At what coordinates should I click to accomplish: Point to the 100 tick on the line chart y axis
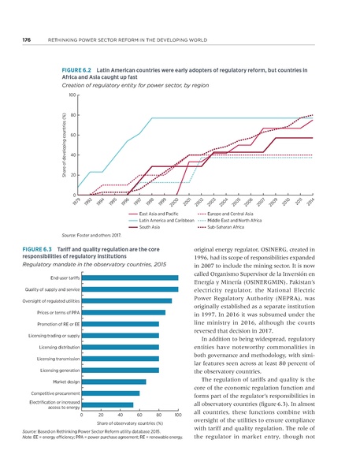click(72, 95)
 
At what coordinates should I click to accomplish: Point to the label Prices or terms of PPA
click(57, 313)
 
